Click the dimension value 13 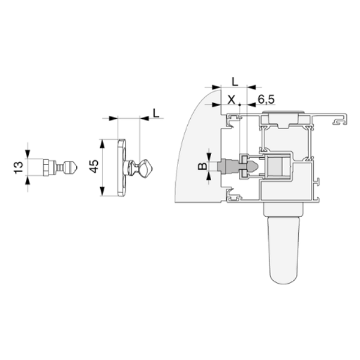19,167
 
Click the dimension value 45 94,166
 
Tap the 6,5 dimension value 266,100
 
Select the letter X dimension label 232,100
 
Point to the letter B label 203,166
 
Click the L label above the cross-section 235,82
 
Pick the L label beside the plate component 156,113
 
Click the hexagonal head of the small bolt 46,167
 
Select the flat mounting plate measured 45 122,167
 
